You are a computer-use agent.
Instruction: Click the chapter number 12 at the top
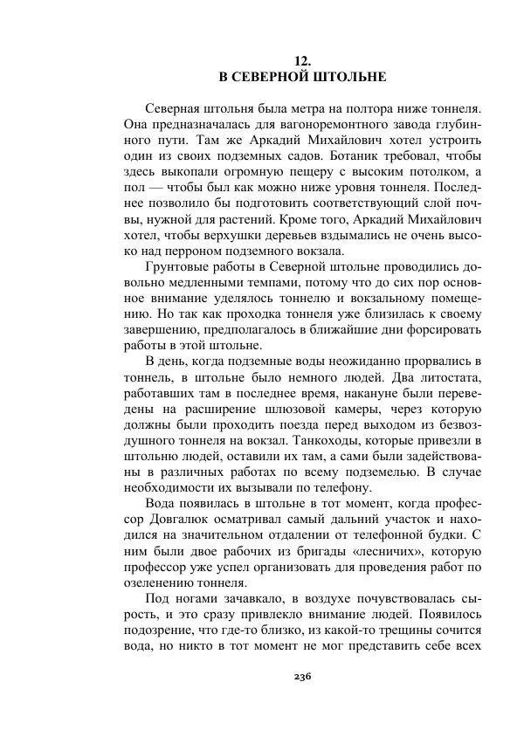pyautogui.click(x=302, y=60)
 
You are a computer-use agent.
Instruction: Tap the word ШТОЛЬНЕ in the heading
pyautogui.click(x=350, y=77)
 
